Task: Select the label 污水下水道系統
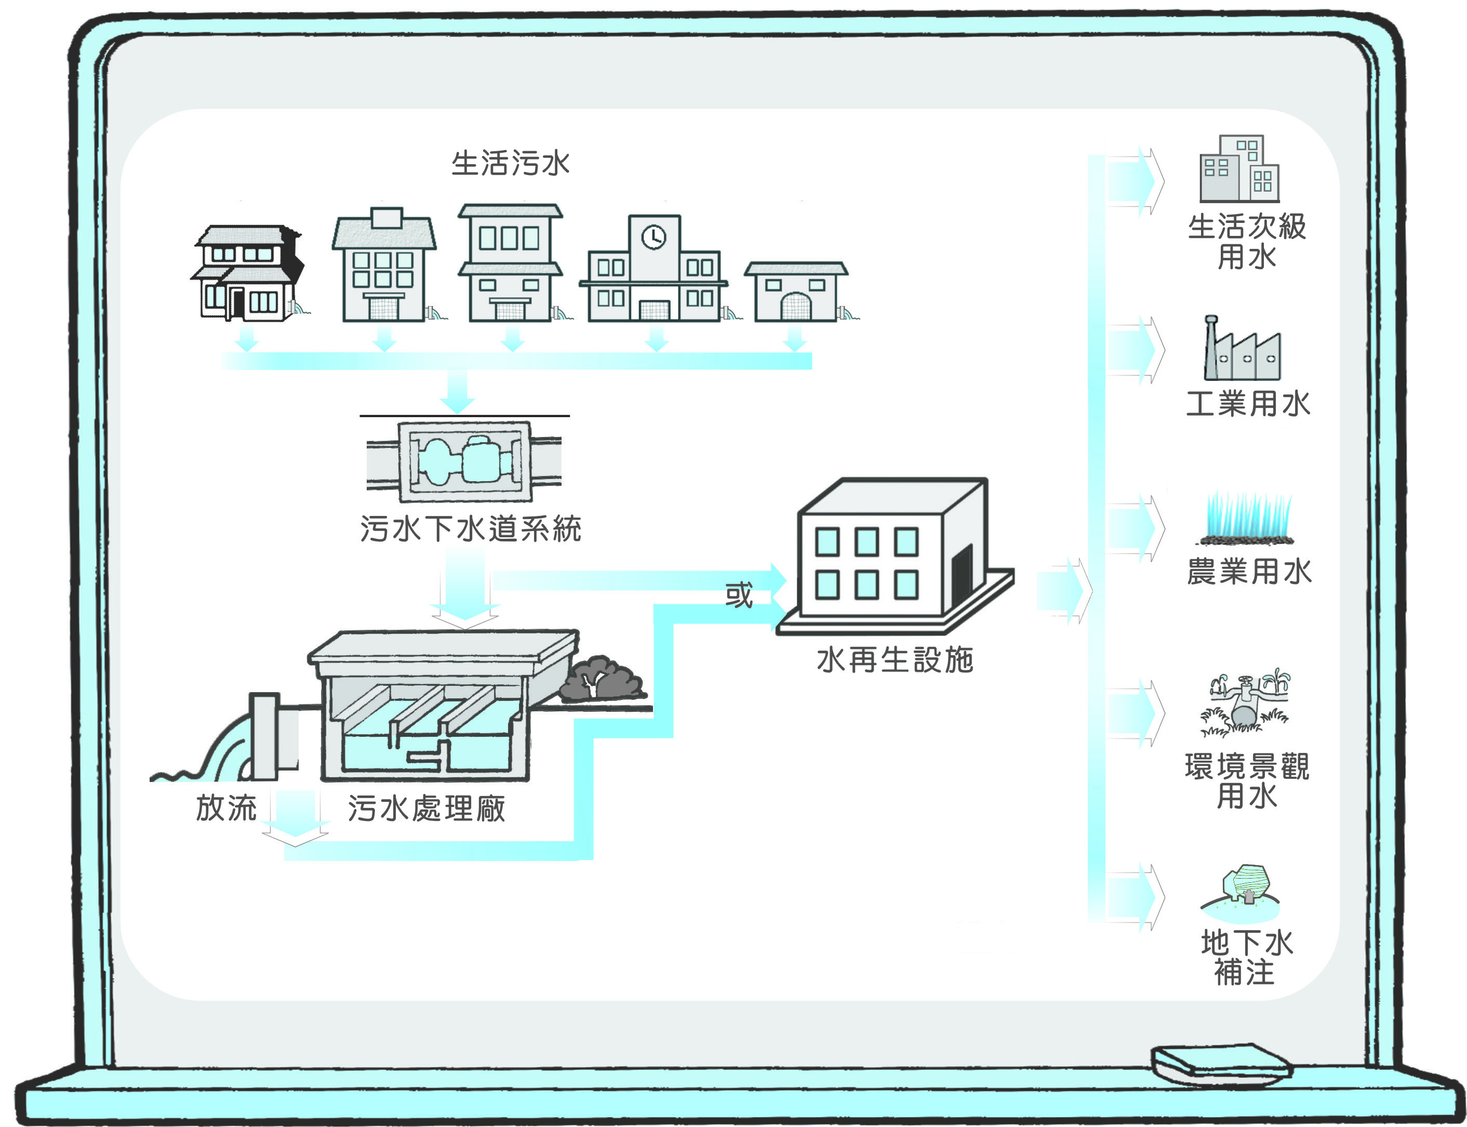(470, 528)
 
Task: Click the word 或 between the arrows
(739, 594)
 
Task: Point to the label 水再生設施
(895, 660)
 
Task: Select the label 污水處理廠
(426, 808)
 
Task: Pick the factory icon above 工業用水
(1241, 352)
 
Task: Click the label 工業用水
(1248, 404)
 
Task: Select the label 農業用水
(1248, 572)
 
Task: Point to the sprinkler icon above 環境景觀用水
(1246, 703)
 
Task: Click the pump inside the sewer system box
(464, 461)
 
